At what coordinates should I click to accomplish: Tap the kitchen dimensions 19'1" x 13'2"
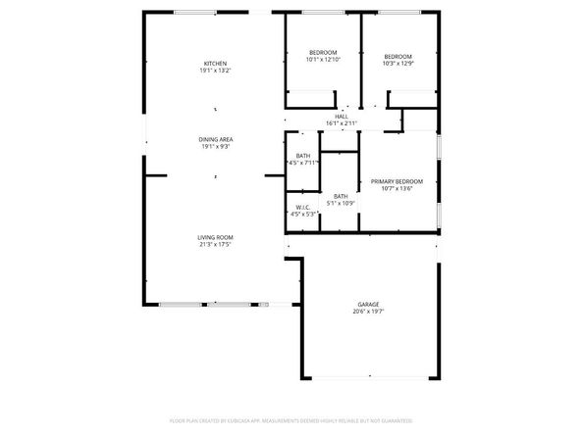(x=215, y=71)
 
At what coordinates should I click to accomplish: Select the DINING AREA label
(x=215, y=139)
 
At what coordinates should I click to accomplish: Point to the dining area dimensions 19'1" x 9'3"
(x=215, y=147)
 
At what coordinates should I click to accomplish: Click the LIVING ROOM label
(x=215, y=237)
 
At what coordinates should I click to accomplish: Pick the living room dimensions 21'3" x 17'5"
(x=215, y=245)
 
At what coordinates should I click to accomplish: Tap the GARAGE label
(x=368, y=304)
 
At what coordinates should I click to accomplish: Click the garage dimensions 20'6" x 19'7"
(x=368, y=312)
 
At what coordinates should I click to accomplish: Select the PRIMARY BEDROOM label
(x=397, y=181)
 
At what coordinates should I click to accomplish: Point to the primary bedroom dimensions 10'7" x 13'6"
(x=397, y=189)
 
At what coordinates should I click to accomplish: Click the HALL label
(x=341, y=116)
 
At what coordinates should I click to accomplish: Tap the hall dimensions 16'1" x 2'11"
(x=341, y=122)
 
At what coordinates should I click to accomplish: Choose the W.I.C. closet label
(x=303, y=207)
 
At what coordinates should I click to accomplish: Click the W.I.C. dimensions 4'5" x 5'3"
(x=303, y=214)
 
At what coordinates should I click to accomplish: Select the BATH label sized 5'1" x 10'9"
(x=341, y=196)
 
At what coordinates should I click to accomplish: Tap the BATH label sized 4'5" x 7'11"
(x=303, y=155)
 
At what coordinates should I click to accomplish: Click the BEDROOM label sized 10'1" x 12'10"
(x=323, y=52)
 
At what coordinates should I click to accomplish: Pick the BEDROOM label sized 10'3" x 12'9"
(x=397, y=56)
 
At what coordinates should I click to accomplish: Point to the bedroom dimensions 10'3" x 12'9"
(x=397, y=64)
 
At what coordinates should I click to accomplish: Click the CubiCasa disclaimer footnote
(x=291, y=419)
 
